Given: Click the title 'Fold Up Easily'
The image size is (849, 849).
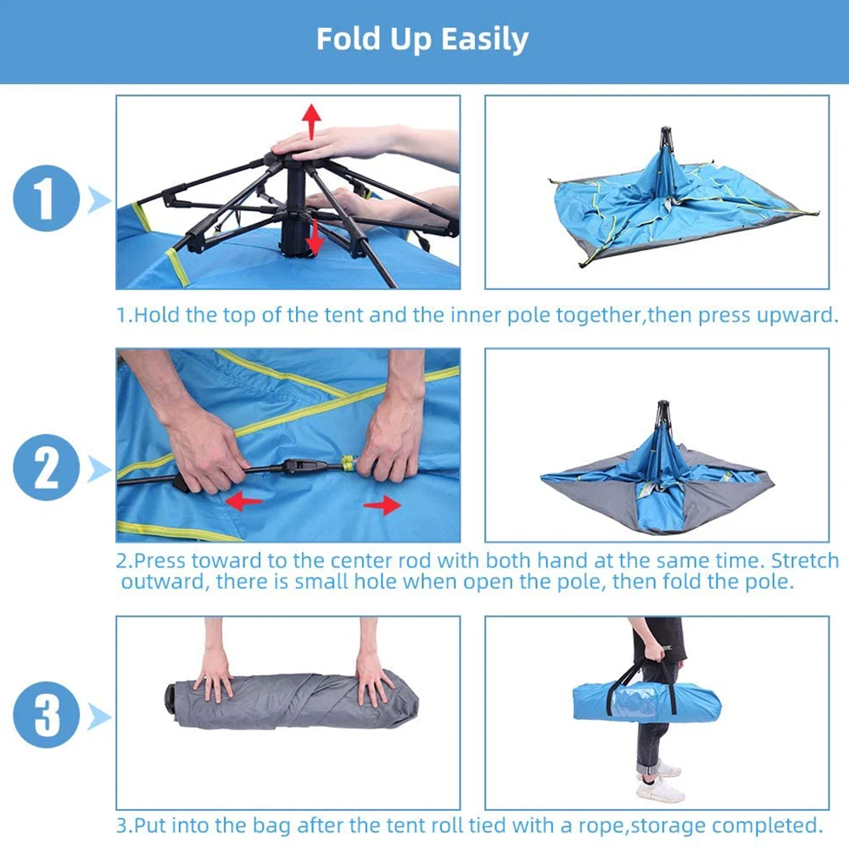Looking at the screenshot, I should point(422,40).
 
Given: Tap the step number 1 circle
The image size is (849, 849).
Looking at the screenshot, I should point(47,198).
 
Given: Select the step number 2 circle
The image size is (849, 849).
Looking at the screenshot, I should point(47,467).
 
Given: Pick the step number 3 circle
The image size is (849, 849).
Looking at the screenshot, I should point(47,715).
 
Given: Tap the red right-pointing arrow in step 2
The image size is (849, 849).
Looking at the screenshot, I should point(383,505).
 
